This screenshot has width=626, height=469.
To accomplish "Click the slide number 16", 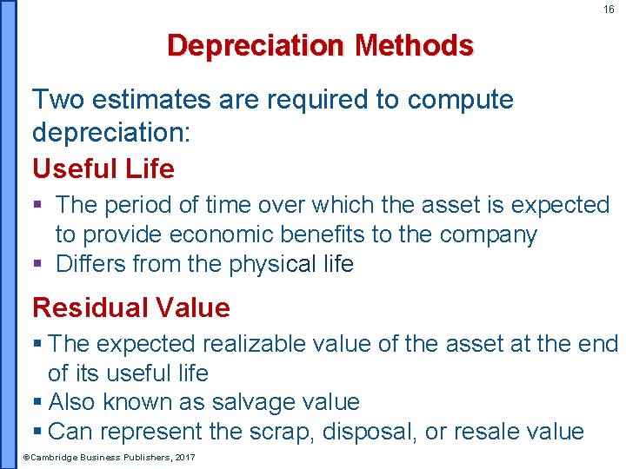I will pyautogui.click(x=609, y=10).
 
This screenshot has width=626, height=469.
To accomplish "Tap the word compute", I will pyautogui.click(x=461, y=100).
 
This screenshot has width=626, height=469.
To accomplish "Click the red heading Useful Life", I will pyautogui.click(x=103, y=168).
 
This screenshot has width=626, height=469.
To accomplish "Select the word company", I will pyautogui.click(x=488, y=234).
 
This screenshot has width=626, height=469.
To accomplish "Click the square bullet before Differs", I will pyautogui.click(x=38, y=264).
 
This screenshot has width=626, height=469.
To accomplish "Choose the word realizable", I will pyautogui.click(x=240, y=344).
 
